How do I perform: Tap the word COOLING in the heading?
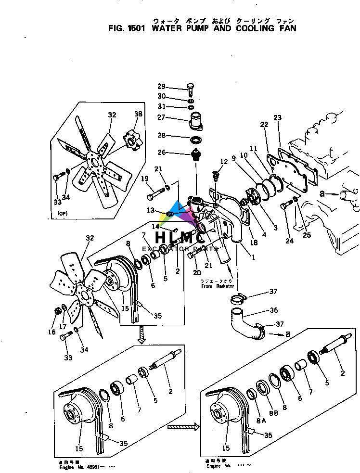tap(248, 28)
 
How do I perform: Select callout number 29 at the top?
tap(161, 87)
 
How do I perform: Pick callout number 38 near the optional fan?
tap(139, 114)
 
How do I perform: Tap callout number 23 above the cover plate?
tap(277, 117)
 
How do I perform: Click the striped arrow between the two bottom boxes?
tap(183, 426)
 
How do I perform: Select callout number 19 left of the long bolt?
tap(145, 179)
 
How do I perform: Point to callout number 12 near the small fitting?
tap(224, 162)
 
